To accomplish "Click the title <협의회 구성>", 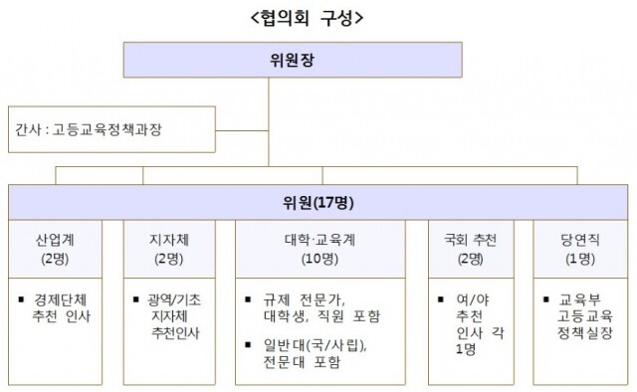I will [318, 18].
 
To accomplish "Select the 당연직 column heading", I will [577, 241].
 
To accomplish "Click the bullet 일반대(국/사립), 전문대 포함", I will [320, 353].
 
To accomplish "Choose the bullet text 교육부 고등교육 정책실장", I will [585, 315].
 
